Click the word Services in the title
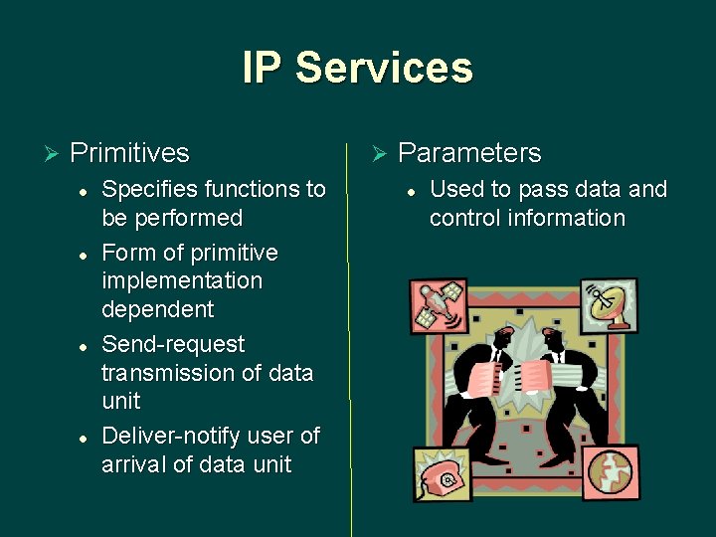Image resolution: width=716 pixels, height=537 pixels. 384,69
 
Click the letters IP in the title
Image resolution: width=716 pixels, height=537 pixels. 263,69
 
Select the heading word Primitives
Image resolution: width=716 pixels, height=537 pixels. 129,153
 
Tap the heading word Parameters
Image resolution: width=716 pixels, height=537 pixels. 469,153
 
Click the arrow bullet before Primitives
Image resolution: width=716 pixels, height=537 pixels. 52,153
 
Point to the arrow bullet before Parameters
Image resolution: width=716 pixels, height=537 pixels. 378,153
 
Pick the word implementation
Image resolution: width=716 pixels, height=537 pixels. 182,281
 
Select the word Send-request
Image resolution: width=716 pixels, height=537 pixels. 173,344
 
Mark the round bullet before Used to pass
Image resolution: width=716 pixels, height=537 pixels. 411,190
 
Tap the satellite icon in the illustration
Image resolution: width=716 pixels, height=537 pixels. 439,305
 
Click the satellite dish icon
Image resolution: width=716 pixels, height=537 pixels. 611,303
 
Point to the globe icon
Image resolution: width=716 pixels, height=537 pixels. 611,472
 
